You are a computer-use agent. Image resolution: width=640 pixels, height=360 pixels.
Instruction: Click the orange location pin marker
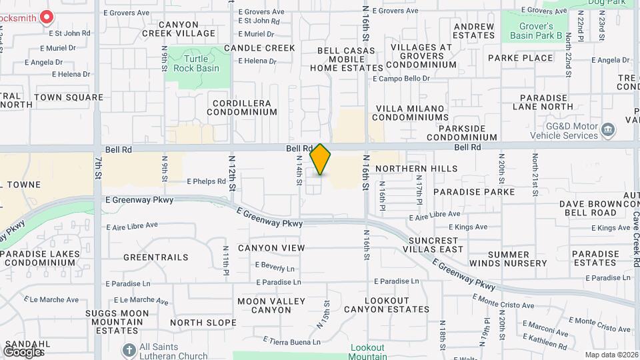click(321, 159)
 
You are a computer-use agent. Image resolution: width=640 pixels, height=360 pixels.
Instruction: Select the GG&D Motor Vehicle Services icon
click(607, 129)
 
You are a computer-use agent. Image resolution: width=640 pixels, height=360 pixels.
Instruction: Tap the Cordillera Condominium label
click(242, 108)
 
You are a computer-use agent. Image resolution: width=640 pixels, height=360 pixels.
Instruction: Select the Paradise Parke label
click(473, 192)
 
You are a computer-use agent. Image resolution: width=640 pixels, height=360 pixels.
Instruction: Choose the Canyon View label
click(271, 248)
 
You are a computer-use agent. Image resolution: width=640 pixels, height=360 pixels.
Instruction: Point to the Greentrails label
click(156, 257)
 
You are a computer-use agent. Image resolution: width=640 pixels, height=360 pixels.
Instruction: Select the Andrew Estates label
click(473, 31)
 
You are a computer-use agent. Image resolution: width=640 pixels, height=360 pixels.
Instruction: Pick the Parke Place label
click(520, 58)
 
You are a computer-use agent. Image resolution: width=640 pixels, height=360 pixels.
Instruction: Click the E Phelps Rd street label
click(207, 181)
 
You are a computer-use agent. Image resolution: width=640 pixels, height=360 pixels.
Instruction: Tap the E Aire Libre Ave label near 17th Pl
click(434, 214)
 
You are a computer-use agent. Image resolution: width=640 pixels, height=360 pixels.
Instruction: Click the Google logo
click(24, 351)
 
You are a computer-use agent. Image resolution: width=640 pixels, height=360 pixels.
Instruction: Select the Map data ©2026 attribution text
click(611, 355)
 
